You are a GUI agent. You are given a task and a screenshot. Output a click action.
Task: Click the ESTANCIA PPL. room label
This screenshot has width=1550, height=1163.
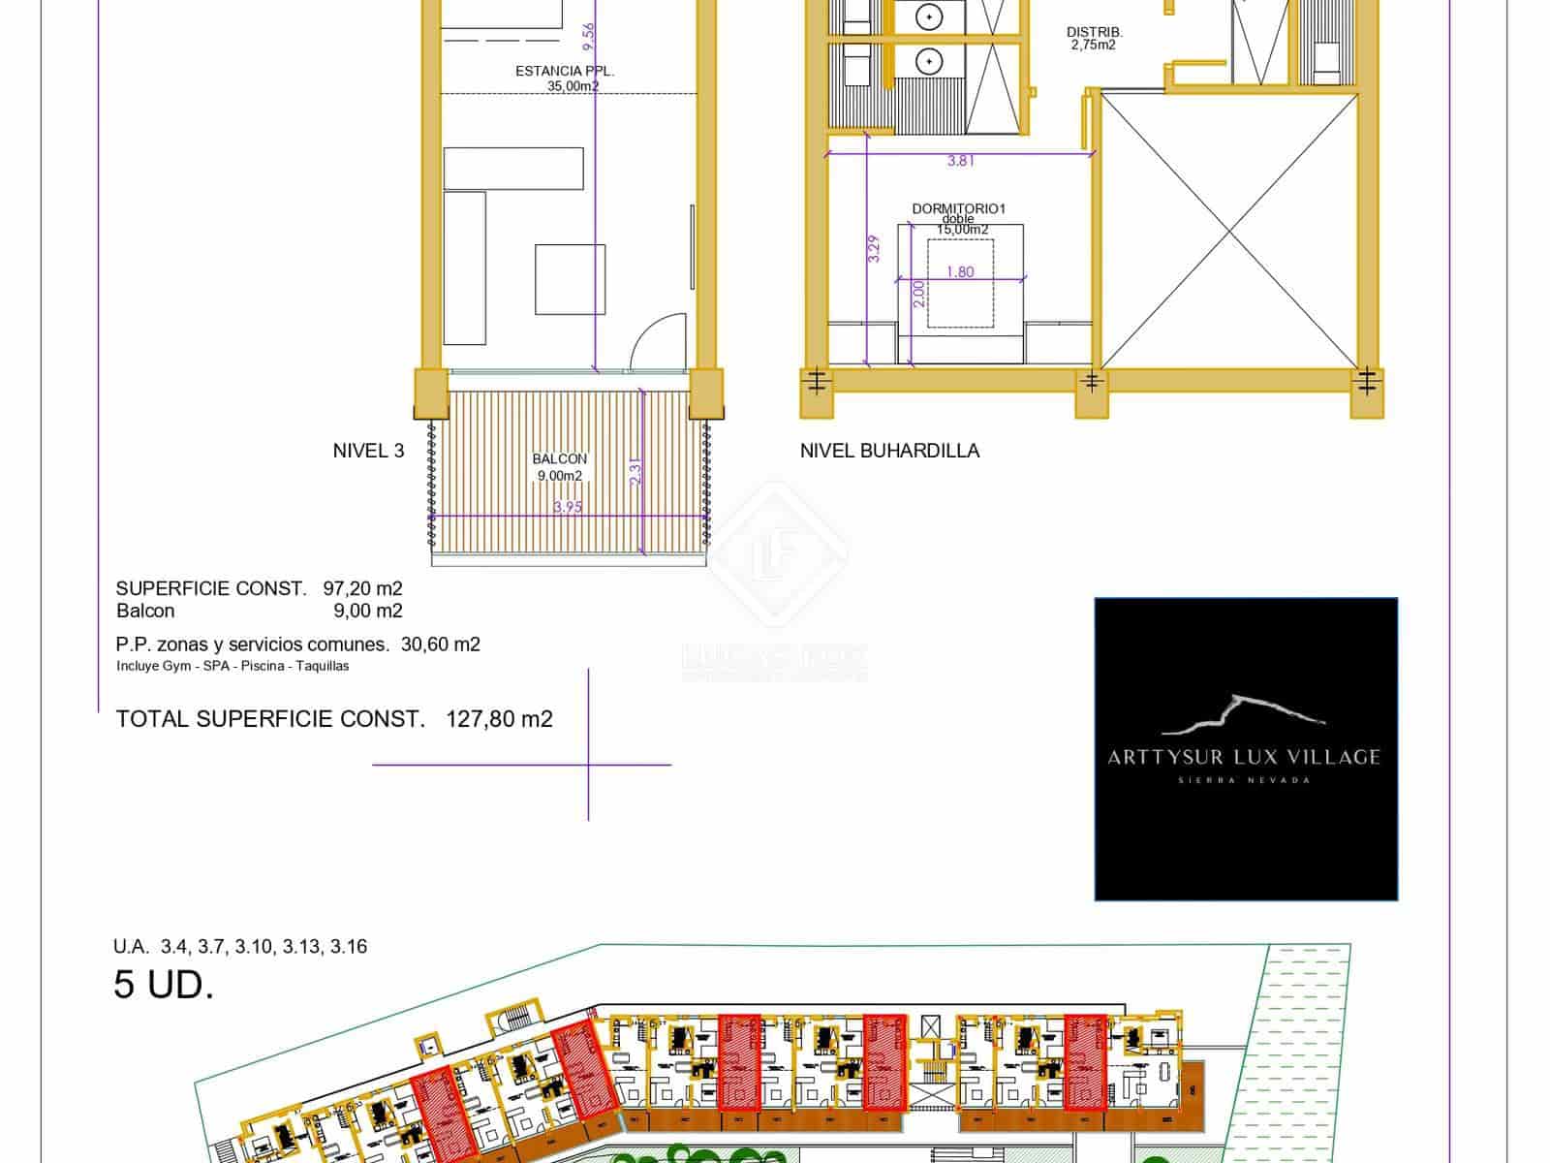point(565,72)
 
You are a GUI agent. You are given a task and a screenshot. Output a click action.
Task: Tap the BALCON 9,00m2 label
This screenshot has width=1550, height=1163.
point(559,467)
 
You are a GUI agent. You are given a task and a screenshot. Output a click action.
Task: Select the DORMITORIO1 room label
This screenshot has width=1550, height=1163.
point(959,208)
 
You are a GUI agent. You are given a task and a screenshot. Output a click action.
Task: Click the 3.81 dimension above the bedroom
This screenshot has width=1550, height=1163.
point(960,162)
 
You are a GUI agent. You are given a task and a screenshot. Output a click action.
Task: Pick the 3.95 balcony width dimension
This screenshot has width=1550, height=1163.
point(568,507)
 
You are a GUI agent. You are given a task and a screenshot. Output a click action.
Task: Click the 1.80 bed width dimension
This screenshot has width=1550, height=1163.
point(959,272)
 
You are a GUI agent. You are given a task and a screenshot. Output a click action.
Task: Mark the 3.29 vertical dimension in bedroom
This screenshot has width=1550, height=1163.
point(875,250)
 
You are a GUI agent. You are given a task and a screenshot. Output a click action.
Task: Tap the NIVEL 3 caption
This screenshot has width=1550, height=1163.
point(368,451)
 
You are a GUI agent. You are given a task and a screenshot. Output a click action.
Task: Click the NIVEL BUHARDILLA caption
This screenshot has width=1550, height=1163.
point(889,451)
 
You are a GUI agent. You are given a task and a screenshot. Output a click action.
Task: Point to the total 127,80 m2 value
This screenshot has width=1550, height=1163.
point(499,719)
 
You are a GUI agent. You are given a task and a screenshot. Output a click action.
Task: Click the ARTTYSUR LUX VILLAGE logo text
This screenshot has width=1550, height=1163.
point(1244,757)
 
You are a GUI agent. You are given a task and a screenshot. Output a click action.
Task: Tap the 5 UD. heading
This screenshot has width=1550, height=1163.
point(163,986)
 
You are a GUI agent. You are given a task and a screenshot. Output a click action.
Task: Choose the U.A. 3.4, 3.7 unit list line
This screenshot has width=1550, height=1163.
point(240,947)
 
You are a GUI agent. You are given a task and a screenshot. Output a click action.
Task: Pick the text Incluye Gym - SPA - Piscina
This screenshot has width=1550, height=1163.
point(232,666)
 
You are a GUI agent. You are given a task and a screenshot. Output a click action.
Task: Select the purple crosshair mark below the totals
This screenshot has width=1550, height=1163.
point(588,765)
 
